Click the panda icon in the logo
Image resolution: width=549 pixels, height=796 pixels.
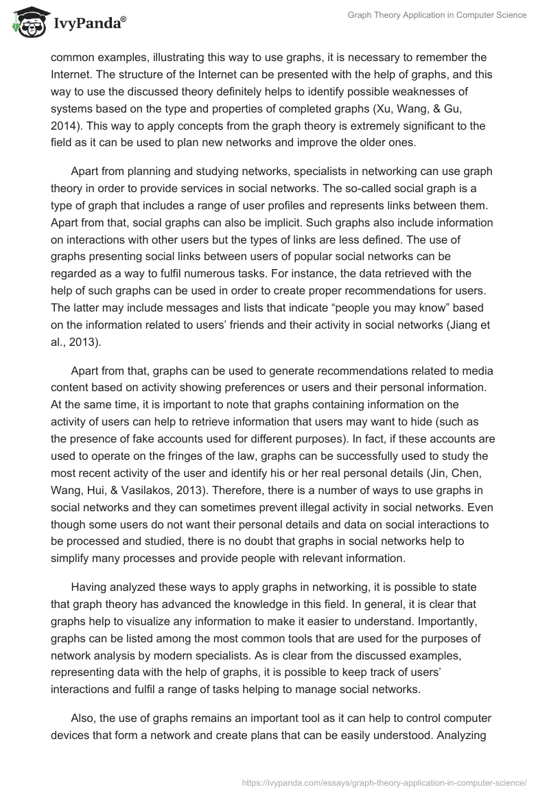pyautogui.click(x=25, y=23)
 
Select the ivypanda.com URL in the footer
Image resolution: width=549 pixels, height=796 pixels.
pyautogui.click(x=384, y=782)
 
